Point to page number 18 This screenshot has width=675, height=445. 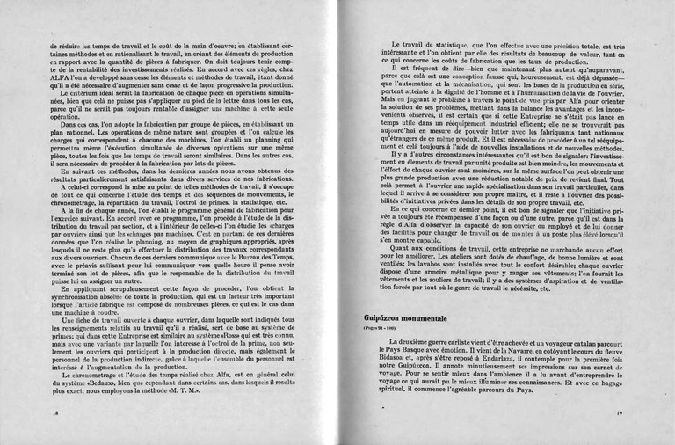point(56,412)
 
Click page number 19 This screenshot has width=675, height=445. point(619,412)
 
